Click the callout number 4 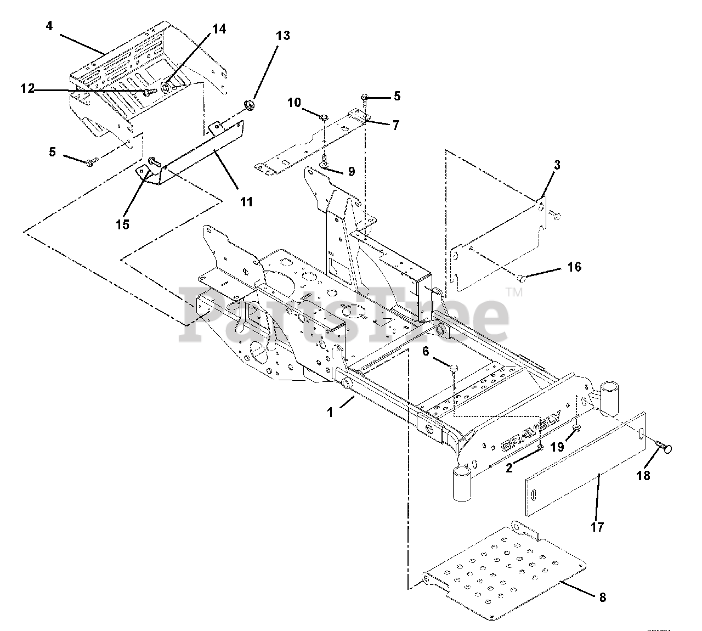(x=49, y=26)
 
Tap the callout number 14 (x=218, y=29)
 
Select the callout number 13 (x=282, y=36)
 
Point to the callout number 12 (x=27, y=89)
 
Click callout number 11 (x=246, y=202)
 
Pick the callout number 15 (x=122, y=224)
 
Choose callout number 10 (x=294, y=102)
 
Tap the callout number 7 (x=395, y=126)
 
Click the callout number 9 (x=350, y=172)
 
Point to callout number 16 (x=574, y=267)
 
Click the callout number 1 (x=330, y=412)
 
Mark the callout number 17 (x=597, y=527)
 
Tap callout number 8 (x=602, y=598)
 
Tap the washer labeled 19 (x=576, y=428)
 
